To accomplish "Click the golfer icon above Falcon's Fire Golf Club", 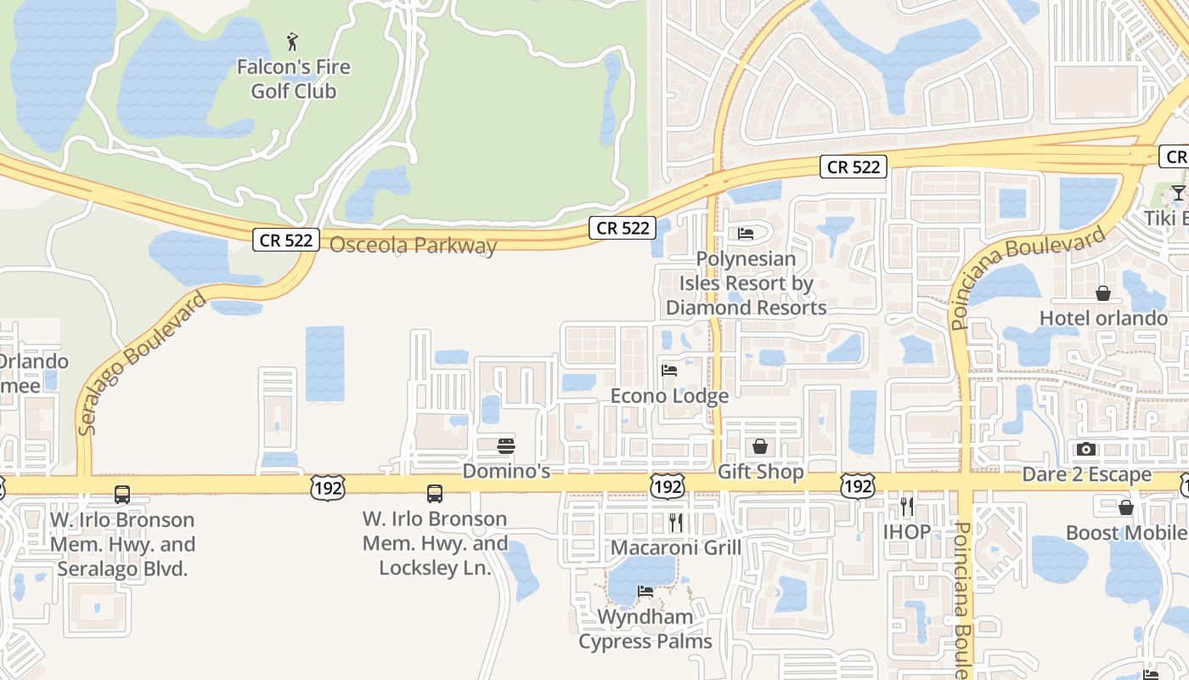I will [x=293, y=41].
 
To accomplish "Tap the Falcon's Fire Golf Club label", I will [x=293, y=79].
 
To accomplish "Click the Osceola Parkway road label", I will [x=413, y=246].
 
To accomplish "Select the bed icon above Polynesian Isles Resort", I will [x=746, y=233].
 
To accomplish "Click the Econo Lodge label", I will [x=669, y=396].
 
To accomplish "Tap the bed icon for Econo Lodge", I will [x=669, y=371].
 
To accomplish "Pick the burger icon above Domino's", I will [x=506, y=446].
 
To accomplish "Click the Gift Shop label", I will [x=760, y=472].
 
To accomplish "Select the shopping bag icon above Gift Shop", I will [x=760, y=446].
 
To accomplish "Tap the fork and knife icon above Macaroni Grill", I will [x=676, y=522].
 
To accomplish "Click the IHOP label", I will [x=907, y=532].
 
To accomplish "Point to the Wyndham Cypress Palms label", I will [x=645, y=629].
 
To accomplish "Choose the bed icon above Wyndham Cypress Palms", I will [x=645, y=592].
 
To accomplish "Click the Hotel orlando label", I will [x=1103, y=319].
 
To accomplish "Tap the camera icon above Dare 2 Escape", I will [x=1086, y=449].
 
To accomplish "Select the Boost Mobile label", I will [x=1126, y=533].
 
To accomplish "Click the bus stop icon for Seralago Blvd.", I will [x=122, y=494].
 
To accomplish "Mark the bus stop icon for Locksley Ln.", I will [x=435, y=493].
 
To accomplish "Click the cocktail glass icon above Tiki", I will [x=1178, y=193].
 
